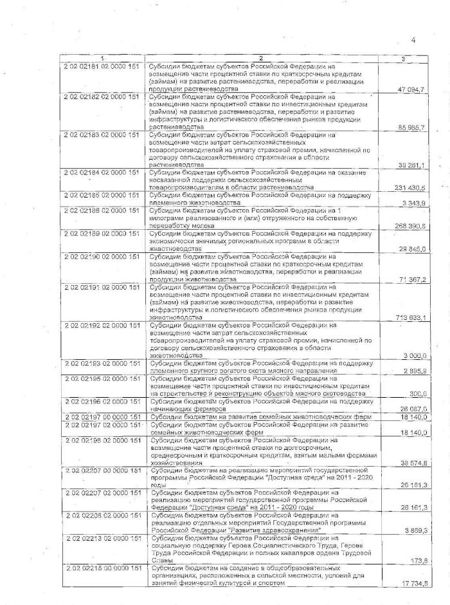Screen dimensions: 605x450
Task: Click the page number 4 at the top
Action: point(413,41)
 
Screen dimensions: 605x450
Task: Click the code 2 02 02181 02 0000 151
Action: point(102,66)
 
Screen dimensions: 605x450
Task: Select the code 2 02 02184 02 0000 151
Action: point(102,172)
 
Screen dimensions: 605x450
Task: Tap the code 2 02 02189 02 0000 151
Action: point(102,233)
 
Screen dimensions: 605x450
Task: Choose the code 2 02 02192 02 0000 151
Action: point(102,325)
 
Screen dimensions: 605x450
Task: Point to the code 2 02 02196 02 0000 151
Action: point(102,401)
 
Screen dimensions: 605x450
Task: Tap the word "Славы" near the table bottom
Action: point(161,561)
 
